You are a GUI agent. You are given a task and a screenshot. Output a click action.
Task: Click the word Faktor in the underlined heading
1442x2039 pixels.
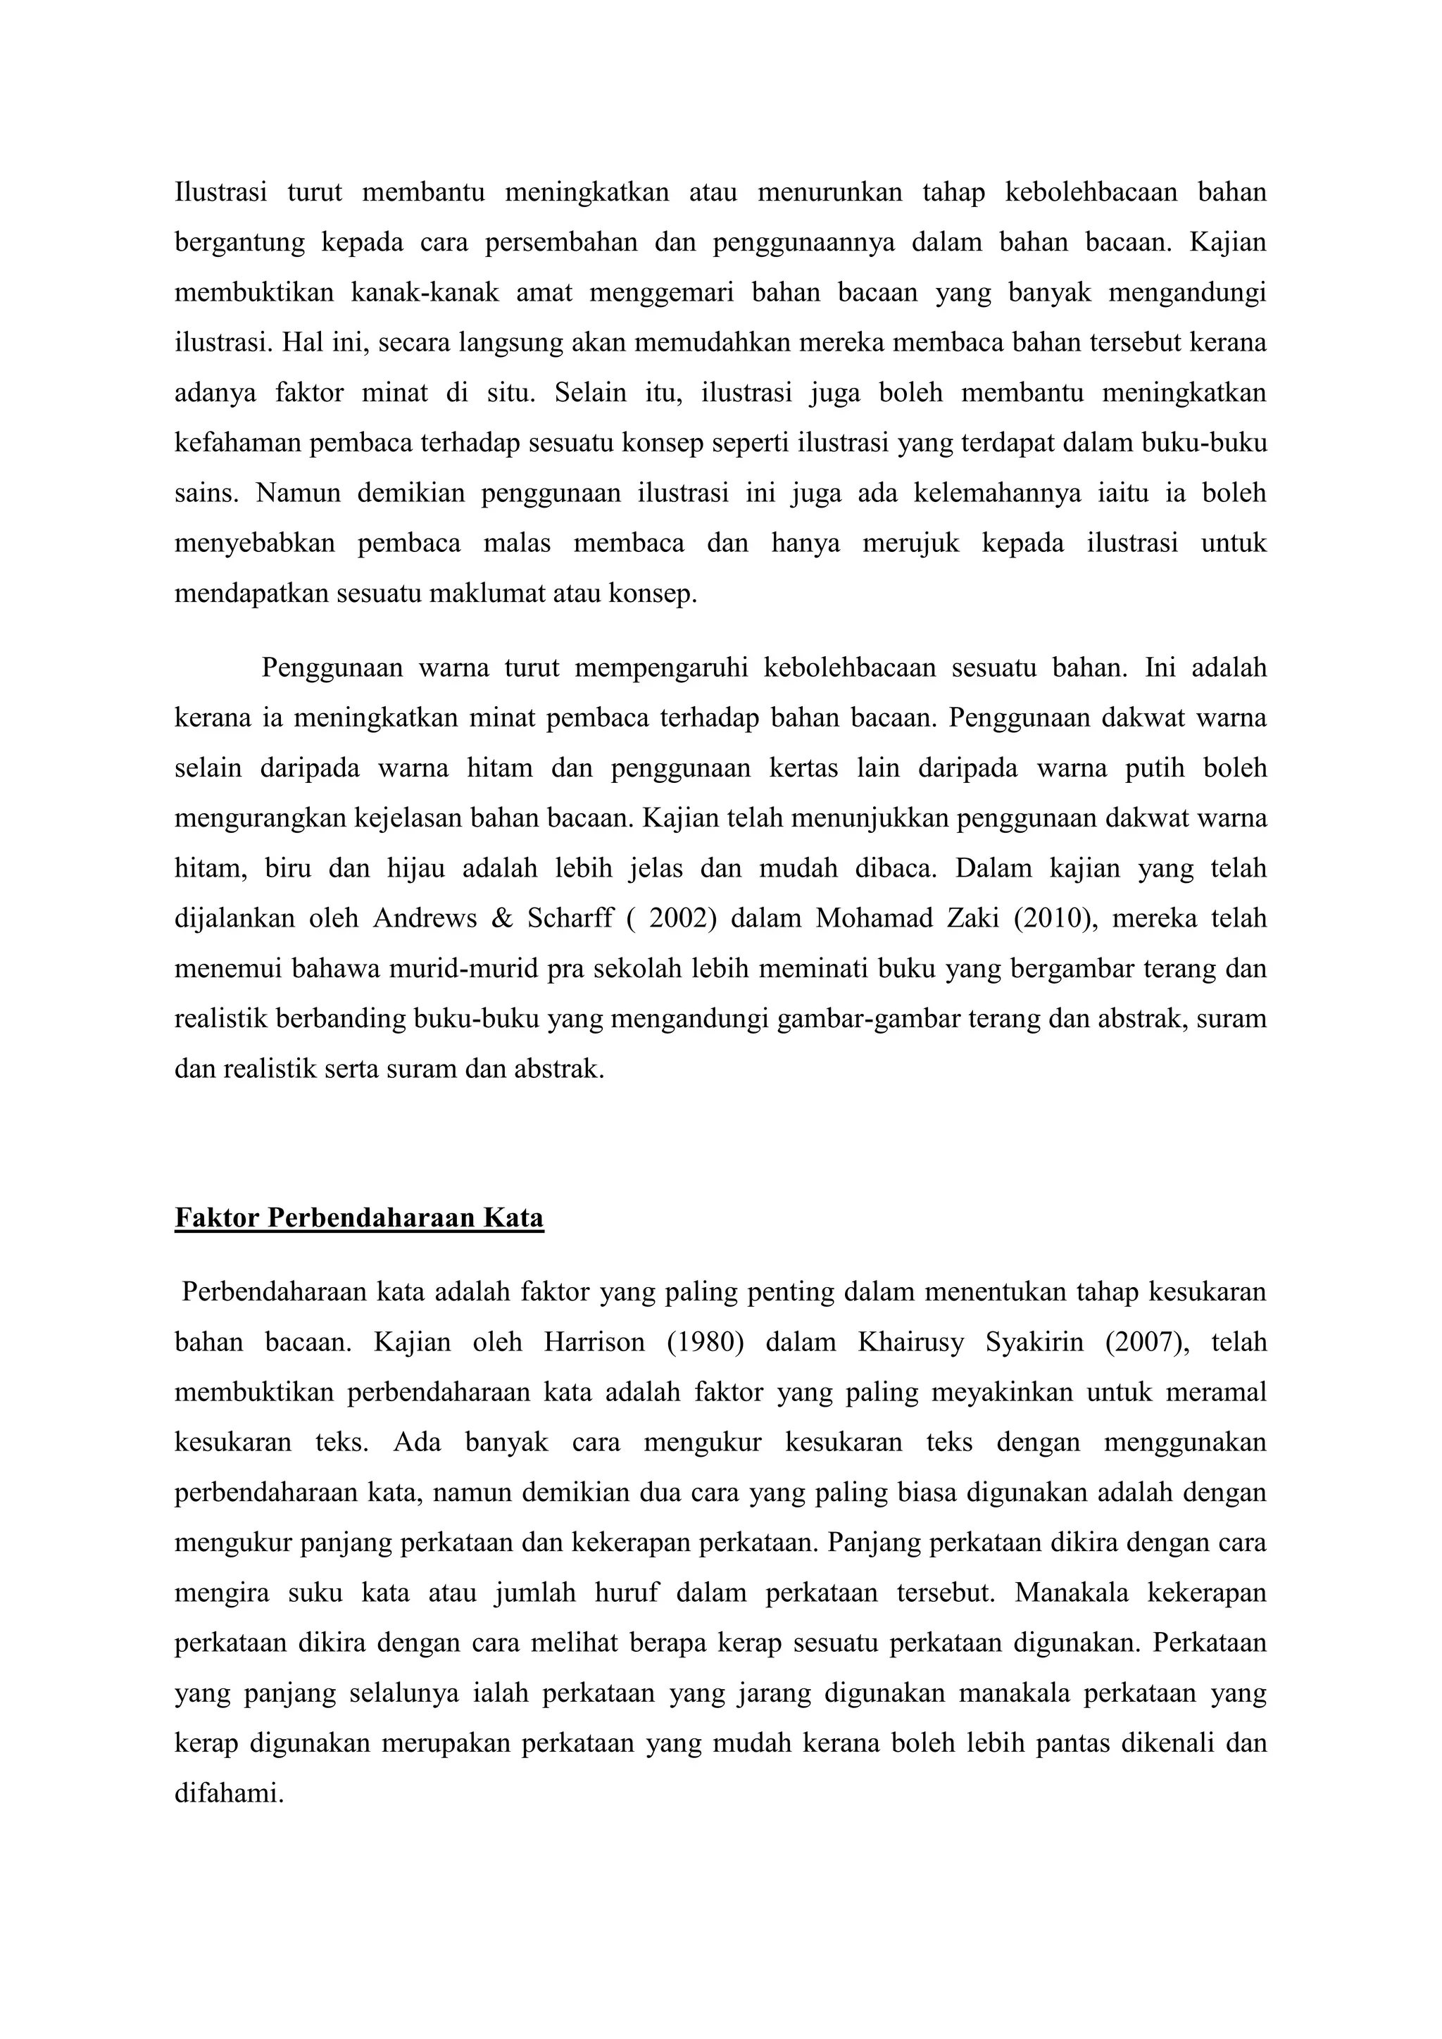[217, 1217]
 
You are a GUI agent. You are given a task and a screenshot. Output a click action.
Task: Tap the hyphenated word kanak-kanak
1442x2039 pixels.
[425, 292]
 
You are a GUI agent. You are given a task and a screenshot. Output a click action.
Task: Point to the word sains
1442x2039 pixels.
[205, 492]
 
